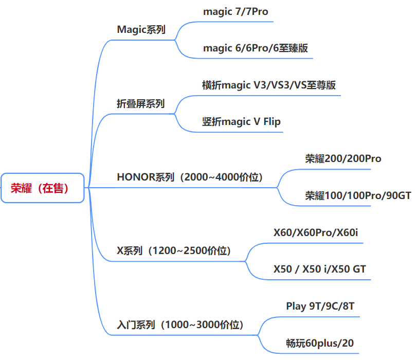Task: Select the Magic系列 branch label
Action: point(141,29)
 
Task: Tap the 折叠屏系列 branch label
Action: point(141,104)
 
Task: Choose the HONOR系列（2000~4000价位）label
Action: point(190,177)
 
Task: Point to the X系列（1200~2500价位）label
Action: point(174,251)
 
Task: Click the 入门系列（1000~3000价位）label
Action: point(180,325)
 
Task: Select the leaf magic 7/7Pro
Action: point(235,12)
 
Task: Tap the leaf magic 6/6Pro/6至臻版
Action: point(256,48)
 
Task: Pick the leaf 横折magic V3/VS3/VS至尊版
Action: point(269,85)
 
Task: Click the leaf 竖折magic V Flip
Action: point(241,122)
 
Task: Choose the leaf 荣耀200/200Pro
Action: point(343,159)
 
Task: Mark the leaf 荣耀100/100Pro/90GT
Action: point(358,196)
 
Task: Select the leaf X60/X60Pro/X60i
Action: point(316,233)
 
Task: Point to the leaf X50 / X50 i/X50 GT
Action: point(320,269)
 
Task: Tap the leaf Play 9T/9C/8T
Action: point(320,307)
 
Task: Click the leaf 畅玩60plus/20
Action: point(320,344)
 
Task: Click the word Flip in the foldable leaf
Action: point(272,122)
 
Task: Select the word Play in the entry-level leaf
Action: point(296,307)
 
